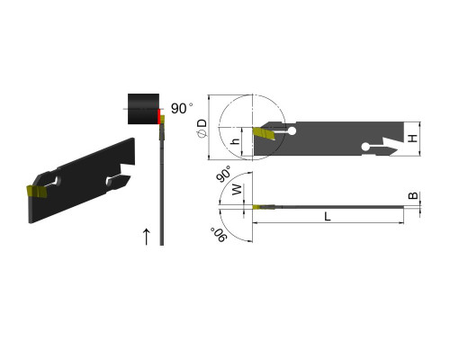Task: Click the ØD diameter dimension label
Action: coord(202,128)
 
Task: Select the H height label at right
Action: coord(413,139)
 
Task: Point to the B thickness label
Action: coord(413,195)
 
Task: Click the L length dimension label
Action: coord(328,216)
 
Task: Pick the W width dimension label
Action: coord(237,190)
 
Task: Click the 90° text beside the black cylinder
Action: coord(182,108)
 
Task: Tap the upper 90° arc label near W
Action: coord(224,174)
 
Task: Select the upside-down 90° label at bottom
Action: coord(219,235)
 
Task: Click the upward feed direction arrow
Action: coord(147,237)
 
